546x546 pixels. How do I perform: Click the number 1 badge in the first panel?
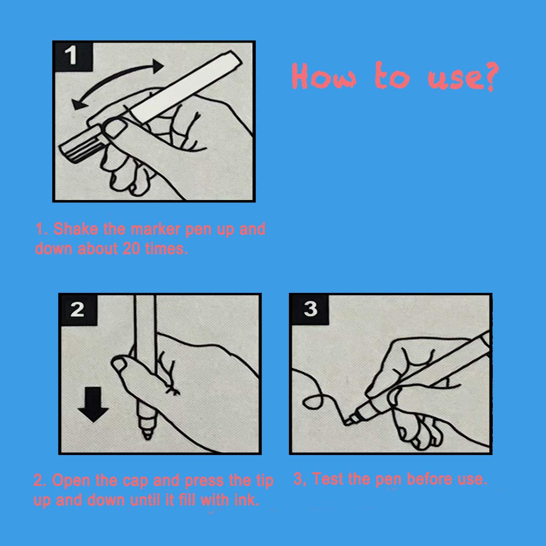tap(71, 56)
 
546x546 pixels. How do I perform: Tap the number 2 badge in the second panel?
tap(77, 309)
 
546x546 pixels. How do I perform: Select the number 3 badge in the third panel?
tap(310, 309)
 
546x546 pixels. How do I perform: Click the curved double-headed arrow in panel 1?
tap(118, 84)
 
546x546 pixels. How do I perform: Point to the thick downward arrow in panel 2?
tap(93, 404)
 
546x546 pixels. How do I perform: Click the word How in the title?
tap(324, 77)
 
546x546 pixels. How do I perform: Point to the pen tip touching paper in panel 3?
tap(348, 421)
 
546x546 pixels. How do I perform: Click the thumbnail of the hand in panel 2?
tap(121, 364)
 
